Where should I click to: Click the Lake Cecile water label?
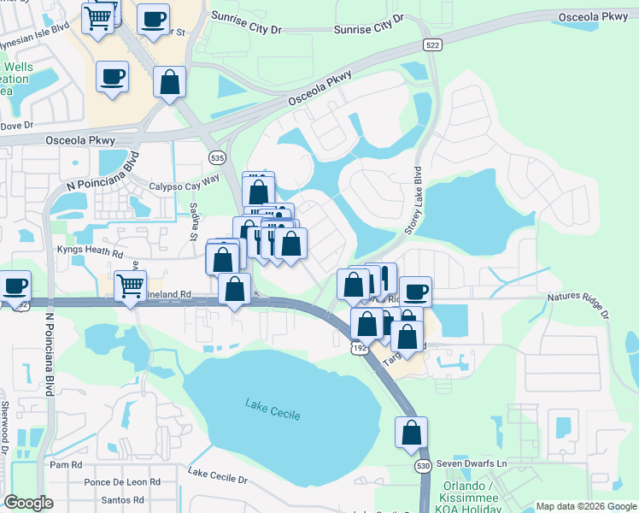coord(273,409)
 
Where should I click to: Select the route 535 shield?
coord(217,156)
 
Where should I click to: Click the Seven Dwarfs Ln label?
coord(472,463)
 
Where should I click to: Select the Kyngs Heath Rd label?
coord(91,253)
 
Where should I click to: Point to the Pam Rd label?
coord(65,465)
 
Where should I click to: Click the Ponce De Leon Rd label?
coord(122,482)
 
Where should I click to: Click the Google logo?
coord(28,503)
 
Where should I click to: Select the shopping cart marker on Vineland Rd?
coord(130,285)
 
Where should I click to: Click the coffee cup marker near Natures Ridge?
coord(415,292)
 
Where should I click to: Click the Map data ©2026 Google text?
coord(585,505)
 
